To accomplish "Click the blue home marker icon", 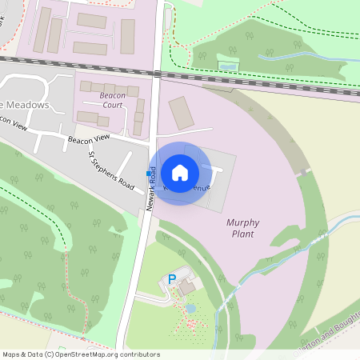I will (x=180, y=173).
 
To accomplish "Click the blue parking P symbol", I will (x=171, y=279).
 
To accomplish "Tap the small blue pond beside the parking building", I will (x=190, y=307).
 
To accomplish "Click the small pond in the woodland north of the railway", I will (x=228, y=66).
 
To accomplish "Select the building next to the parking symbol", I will (x=186, y=286).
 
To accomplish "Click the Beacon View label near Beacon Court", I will (x=87, y=139).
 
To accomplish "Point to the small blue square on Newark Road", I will (x=147, y=174).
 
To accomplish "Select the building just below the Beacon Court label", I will (x=92, y=118).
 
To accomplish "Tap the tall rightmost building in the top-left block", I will (x=127, y=35).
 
